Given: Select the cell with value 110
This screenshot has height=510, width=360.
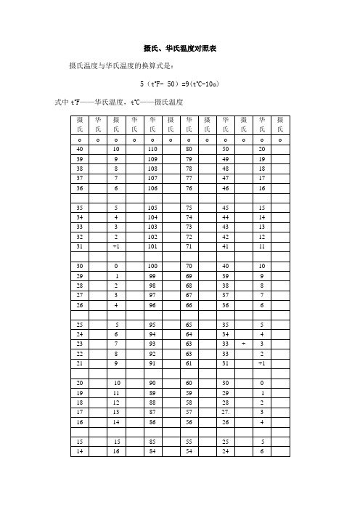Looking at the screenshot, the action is coord(152,148).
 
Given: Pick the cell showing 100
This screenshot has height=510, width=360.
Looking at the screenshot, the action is coord(152,267).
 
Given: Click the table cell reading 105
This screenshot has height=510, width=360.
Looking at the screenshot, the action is coord(152,207).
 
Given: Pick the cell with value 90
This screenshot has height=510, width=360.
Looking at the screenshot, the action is coord(152,383).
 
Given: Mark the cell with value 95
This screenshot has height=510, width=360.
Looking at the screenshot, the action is coord(152,324).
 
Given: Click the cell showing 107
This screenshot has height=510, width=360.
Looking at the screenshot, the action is coord(152,178).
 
